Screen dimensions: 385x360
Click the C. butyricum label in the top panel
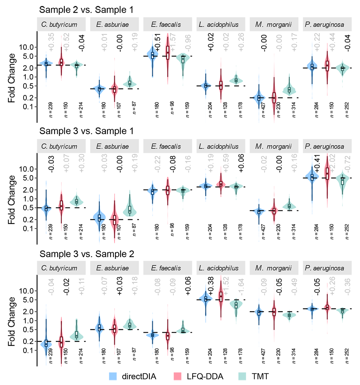pos(59,25)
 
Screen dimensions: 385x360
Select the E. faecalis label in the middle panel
pos(166,146)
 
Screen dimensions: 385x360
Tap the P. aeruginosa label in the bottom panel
pos(324,268)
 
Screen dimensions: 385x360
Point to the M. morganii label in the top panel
pos(274,25)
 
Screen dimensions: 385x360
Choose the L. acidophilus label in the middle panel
pos(218,146)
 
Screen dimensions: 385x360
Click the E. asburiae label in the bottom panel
pos(112,268)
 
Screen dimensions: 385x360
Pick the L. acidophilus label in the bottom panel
pos(218,268)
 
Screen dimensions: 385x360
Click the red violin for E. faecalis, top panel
pos(168,67)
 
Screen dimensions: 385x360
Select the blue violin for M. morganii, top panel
pos(258,88)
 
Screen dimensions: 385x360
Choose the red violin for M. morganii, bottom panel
pos(274,316)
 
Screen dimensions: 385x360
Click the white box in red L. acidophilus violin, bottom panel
pos(221,296)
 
